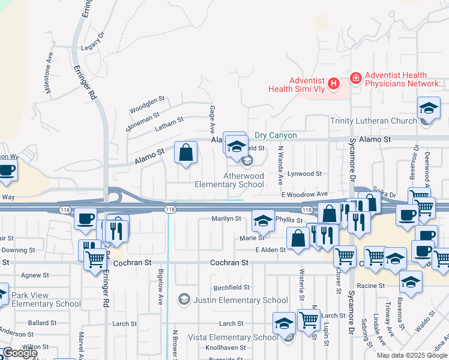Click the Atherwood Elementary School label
coord(229,180)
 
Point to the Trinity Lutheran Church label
coord(373,121)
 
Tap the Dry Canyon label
coord(276,136)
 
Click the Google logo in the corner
coord(20,353)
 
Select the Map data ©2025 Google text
coord(412,355)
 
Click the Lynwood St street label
coord(304,173)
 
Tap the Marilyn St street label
coord(226,219)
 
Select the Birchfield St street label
coord(231,287)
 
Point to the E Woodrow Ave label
coord(304,194)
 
